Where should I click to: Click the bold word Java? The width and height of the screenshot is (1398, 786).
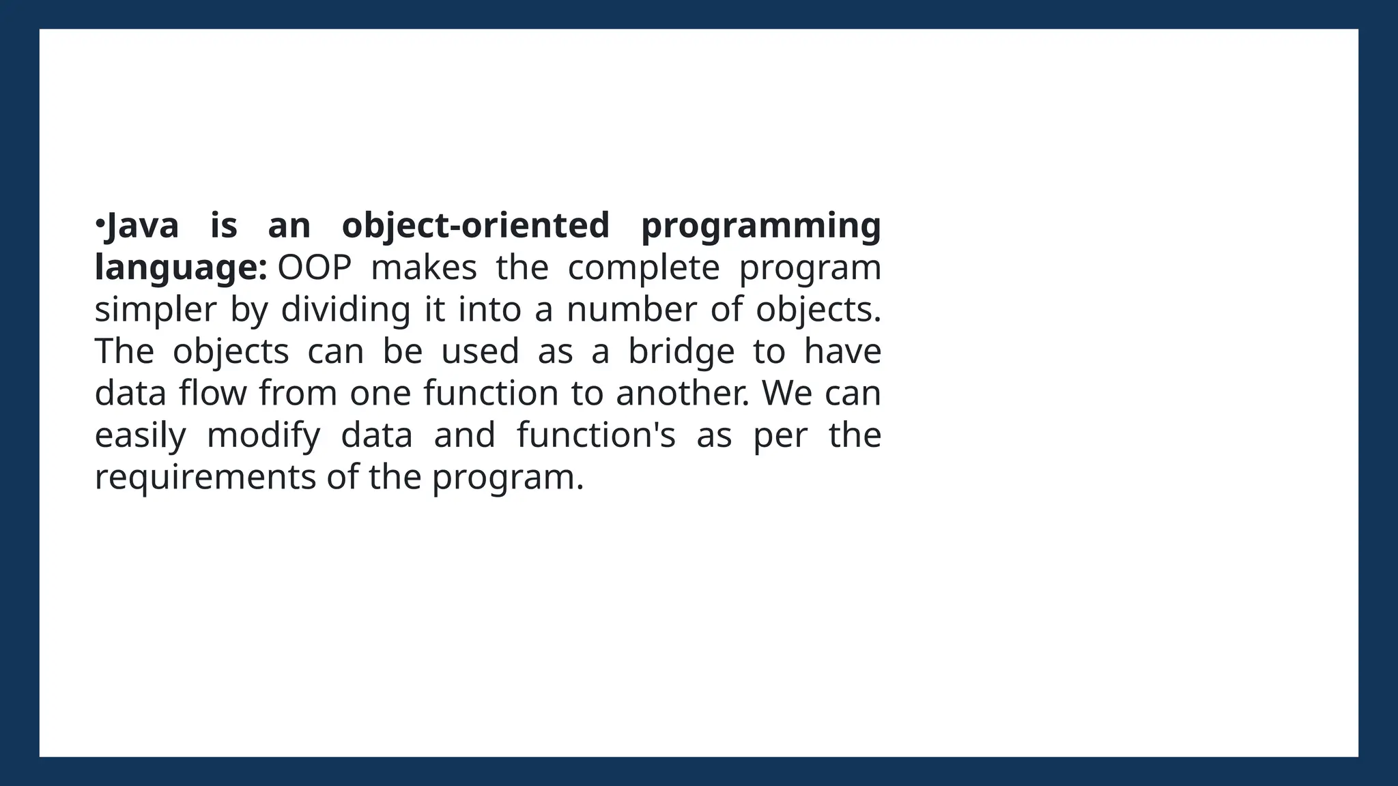point(143,226)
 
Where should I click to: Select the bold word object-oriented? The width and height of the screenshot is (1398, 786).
point(475,226)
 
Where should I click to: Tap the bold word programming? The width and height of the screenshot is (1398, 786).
point(761,227)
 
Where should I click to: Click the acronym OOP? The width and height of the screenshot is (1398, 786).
point(314,267)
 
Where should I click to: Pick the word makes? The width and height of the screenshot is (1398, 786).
point(423,267)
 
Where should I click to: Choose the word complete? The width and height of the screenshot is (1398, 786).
point(644,268)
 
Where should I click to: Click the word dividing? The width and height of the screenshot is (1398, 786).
point(345,310)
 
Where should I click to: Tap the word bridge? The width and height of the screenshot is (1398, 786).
point(681,352)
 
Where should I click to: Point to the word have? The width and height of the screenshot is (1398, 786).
point(842,351)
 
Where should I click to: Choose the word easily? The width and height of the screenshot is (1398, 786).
point(140,436)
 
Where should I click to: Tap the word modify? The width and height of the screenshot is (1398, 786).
point(263,436)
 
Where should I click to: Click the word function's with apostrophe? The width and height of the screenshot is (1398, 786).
point(596,435)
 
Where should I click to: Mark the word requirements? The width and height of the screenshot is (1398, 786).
point(205,478)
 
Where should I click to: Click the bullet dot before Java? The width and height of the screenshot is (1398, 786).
point(99,223)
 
